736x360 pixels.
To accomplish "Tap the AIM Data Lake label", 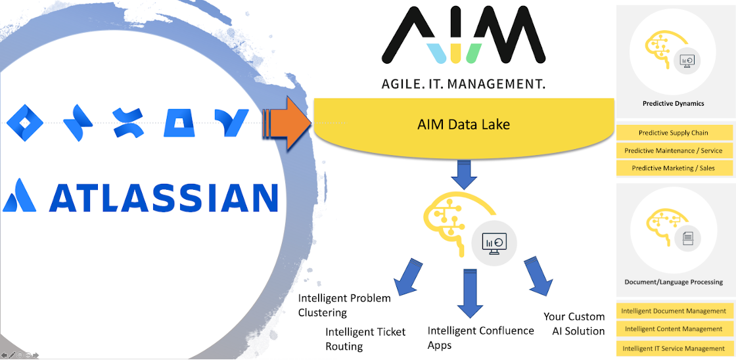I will coord(463,124).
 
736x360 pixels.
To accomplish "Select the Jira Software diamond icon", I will coord(24,122).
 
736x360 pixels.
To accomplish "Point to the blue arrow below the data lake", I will coord(463,174).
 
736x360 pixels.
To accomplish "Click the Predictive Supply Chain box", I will coord(674,133).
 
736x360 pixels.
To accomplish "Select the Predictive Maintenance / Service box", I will coord(674,150).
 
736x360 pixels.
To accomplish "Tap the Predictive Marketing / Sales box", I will coord(674,168).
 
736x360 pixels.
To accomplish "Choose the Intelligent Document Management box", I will coord(674,311).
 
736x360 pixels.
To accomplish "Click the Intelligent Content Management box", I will coord(674,328).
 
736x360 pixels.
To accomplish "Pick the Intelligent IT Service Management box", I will coord(674,348).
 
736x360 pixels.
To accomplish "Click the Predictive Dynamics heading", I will coord(673,103).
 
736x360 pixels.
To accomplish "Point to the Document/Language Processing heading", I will coord(674,282).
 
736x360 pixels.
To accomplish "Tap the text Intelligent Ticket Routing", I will coord(365,339).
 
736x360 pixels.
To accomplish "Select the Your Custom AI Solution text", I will coord(574,324).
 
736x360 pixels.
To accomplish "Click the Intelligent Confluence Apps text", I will coord(480,337).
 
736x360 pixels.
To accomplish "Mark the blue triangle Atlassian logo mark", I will coord(19,195).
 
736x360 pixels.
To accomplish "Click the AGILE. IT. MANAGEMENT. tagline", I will coord(463,84).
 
